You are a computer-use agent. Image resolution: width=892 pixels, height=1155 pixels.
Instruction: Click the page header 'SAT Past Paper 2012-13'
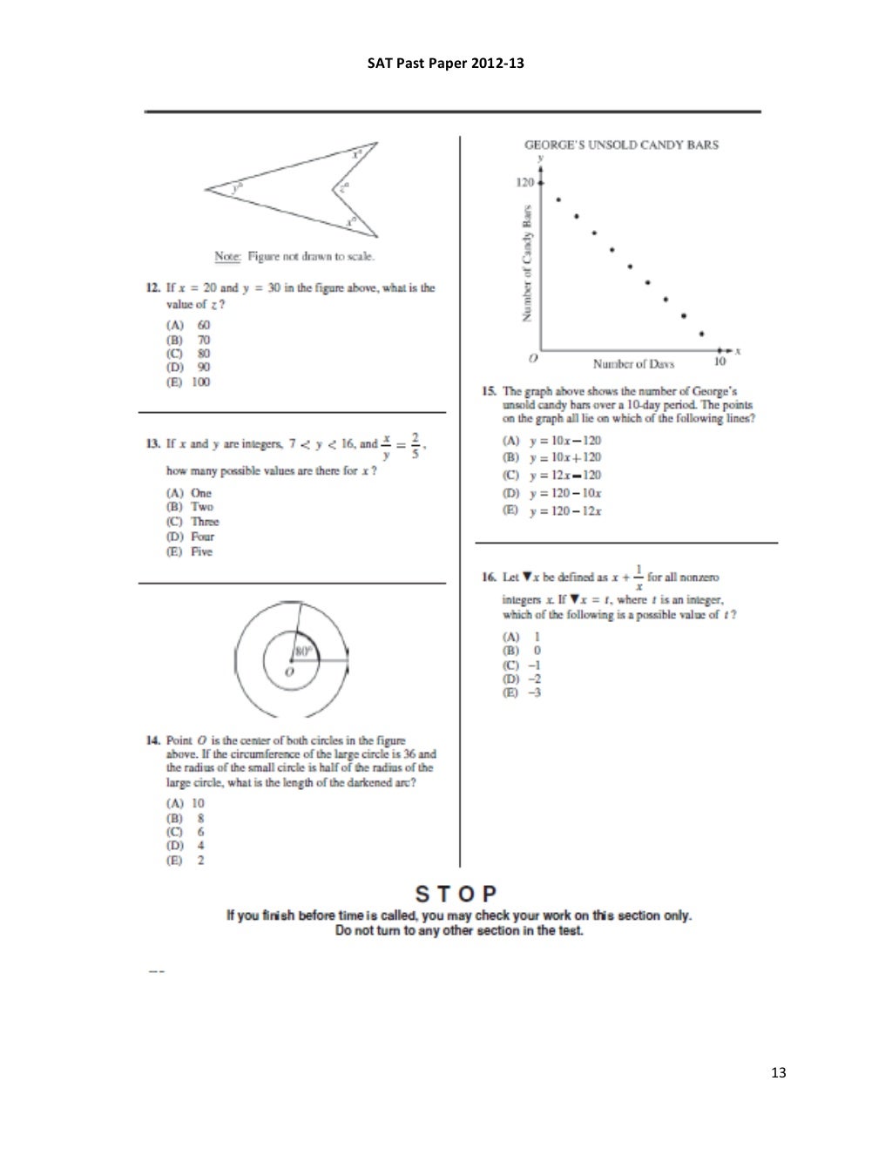pos(446,64)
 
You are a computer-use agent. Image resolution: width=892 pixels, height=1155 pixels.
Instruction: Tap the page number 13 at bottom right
pos(778,1072)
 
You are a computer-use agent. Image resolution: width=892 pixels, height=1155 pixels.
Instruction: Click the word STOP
pos(456,894)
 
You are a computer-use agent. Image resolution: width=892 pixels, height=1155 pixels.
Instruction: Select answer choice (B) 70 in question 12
pos(188,340)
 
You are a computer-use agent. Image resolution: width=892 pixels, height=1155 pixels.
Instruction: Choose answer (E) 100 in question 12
pos(188,382)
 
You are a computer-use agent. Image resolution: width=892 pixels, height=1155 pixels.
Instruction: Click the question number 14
pos(152,740)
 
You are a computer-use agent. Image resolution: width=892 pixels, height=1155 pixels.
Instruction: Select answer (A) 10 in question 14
pos(185,803)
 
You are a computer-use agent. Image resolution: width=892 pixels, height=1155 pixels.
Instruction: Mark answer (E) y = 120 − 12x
pos(552,511)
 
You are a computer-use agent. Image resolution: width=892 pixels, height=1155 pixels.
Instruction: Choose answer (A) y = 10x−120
pos(552,441)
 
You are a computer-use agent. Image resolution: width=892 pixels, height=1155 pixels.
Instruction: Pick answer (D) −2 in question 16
pos(522,679)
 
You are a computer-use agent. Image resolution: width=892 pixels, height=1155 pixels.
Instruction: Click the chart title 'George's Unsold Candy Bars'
pos(620,145)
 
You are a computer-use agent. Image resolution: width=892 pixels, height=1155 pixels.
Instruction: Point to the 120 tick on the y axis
pos(524,184)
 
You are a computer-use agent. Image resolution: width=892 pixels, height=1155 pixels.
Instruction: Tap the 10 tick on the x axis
pos(720,361)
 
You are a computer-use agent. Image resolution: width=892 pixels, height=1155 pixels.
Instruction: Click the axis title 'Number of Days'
pos(633,363)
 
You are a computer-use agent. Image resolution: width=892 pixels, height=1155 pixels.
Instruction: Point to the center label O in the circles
pos(289,672)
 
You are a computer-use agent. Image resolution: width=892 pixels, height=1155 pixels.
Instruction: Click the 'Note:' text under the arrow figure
pos(227,256)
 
